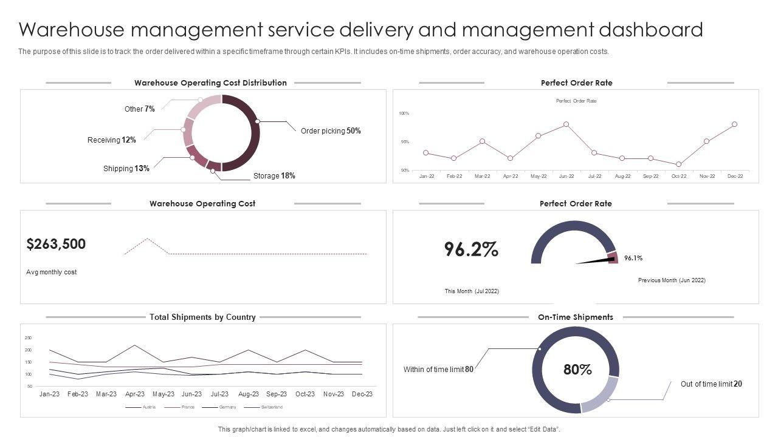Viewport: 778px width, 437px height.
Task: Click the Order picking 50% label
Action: [x=331, y=131]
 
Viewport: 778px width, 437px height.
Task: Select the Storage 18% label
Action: [x=274, y=176]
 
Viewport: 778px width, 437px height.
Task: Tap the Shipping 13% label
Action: [x=126, y=169]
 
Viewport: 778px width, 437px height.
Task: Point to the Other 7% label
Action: [x=140, y=109]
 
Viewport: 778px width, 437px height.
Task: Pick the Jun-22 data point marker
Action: [x=566, y=124]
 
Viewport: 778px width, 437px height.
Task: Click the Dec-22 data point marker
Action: [x=735, y=124]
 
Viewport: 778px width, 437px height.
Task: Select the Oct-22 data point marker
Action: [x=678, y=164]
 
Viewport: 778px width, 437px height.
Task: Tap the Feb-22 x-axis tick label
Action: [x=454, y=177]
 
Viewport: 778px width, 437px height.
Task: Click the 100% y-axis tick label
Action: [x=404, y=113]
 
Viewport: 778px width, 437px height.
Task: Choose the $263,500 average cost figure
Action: [x=57, y=244]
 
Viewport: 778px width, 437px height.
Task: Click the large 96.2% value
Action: [x=471, y=249]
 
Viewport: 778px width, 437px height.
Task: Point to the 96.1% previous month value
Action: [x=633, y=258]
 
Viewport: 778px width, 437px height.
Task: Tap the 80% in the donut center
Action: [x=577, y=370]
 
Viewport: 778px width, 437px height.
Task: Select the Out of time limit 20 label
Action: [x=711, y=384]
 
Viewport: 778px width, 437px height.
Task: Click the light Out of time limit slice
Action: [x=602, y=398]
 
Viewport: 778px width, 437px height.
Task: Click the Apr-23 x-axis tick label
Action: [x=134, y=394]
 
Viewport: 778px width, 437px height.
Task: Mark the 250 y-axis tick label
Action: [x=28, y=337]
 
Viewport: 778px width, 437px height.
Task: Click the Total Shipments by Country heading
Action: [x=202, y=317]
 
